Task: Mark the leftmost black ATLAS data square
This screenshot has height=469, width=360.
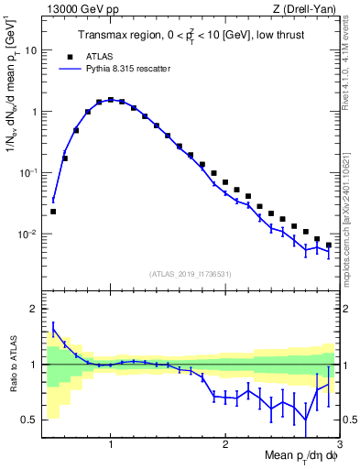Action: click(53, 212)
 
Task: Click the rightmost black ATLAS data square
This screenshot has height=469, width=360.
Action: click(329, 245)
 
